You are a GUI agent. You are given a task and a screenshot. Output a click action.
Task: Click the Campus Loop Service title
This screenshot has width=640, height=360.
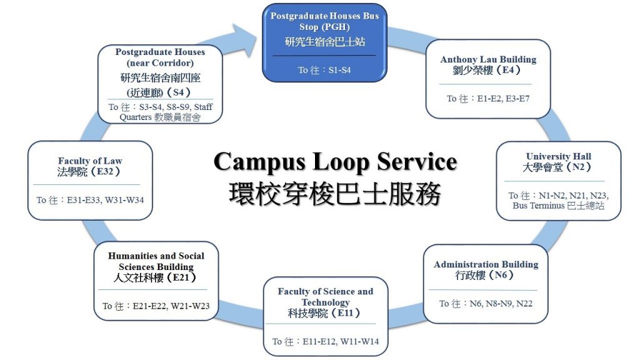(335, 162)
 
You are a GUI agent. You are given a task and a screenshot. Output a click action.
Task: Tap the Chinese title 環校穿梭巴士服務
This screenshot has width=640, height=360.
(335, 194)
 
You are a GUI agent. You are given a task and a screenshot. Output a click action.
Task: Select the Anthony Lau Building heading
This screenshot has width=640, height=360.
(488, 59)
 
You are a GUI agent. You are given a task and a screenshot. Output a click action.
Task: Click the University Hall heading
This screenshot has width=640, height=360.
(558, 156)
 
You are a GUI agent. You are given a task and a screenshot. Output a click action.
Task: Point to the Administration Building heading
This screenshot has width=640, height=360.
(486, 264)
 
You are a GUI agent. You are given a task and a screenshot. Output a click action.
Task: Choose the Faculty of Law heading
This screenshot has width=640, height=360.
(90, 161)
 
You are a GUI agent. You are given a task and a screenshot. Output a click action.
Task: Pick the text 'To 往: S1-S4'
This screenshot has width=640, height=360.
(324, 70)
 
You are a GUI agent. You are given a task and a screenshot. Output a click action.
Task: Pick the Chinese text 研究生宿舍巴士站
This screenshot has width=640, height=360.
(325, 42)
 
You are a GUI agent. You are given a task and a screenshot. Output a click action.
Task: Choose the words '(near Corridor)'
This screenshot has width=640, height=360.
(160, 63)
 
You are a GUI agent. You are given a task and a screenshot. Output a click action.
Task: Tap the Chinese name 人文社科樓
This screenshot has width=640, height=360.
(138, 277)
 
